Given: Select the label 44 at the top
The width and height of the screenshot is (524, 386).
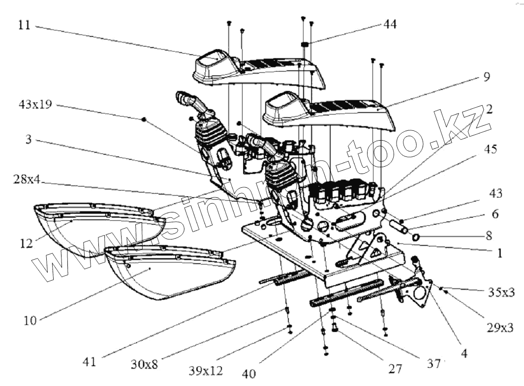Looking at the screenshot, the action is pos(390,24).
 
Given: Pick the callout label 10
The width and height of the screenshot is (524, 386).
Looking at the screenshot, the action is pos(30,321).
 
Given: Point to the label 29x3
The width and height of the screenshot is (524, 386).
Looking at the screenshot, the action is pos(499,327).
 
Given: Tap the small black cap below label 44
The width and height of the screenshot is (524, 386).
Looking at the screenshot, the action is pos(305,45).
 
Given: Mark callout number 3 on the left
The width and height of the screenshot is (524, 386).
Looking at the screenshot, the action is pos(29,140).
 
